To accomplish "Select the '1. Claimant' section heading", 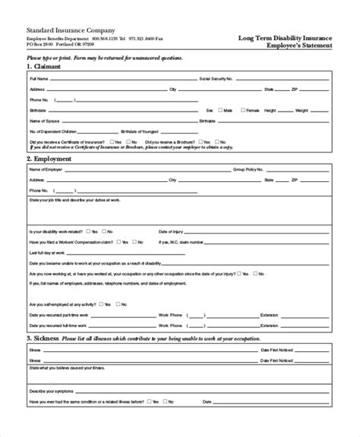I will pos(45,66).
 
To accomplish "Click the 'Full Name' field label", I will pos(37,78).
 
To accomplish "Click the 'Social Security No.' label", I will pos(216,78).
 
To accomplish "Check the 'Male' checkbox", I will pos(220,110).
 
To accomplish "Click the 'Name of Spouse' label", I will pos(44,121).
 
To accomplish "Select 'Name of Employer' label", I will pos(45,170).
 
